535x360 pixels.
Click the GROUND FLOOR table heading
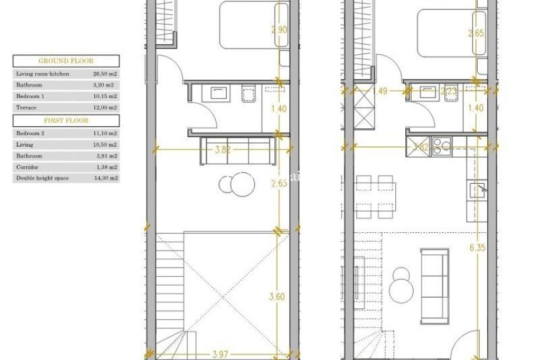click(66, 61)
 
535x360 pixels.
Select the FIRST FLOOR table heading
click(66, 120)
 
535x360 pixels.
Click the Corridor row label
click(29, 167)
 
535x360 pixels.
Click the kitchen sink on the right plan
click(480, 188)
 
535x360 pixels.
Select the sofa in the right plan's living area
click(435, 276)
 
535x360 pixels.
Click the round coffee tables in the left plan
click(237, 184)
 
